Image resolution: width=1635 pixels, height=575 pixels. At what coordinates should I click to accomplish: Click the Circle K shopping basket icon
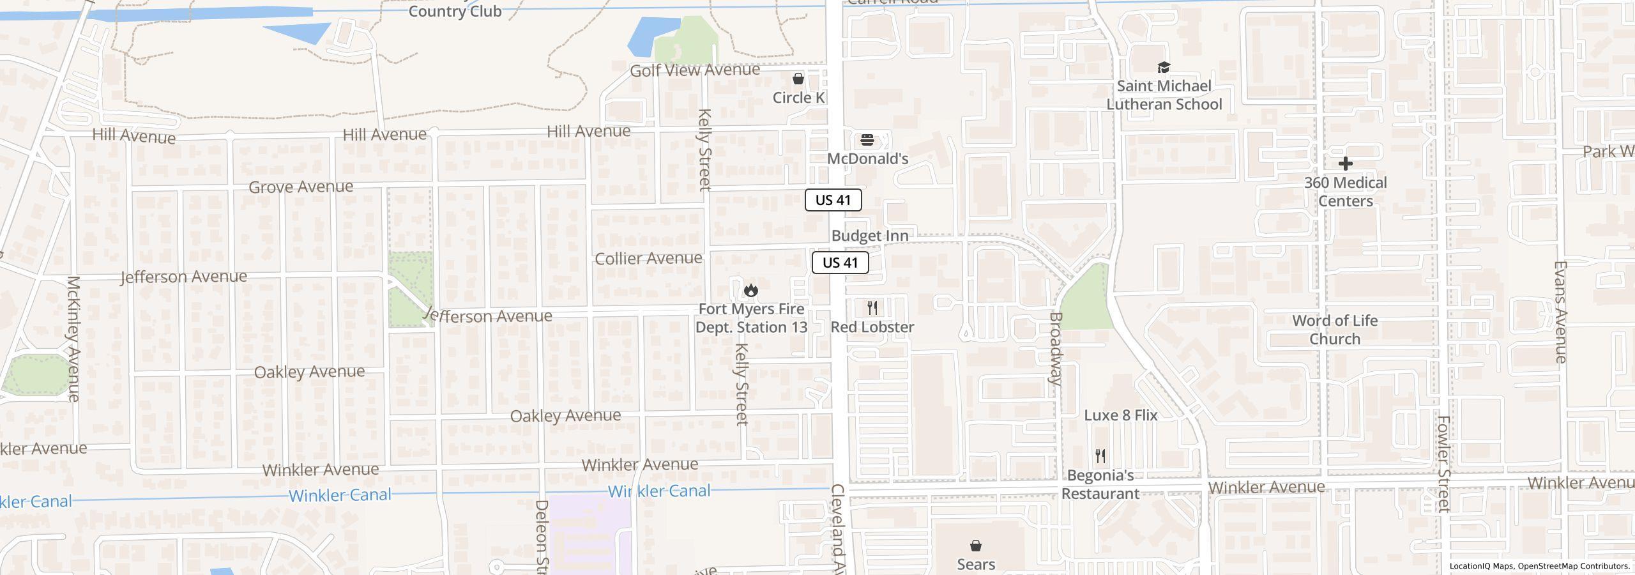tap(798, 79)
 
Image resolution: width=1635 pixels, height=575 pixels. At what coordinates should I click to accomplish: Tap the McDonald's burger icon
tap(867, 140)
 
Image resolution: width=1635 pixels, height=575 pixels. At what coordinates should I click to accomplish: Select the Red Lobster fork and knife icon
tap(872, 308)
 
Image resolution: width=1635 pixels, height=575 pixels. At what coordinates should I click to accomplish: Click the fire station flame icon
tap(751, 291)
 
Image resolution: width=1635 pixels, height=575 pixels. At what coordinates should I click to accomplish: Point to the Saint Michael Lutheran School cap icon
tap(1163, 67)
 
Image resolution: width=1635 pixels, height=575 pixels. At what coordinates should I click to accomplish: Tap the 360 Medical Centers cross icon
tap(1345, 164)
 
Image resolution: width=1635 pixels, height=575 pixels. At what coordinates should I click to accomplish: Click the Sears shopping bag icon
tap(975, 546)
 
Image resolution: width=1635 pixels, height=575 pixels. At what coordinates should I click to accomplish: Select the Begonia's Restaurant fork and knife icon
tap(1100, 456)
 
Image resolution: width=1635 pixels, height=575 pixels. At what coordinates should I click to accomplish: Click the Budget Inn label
tap(869, 236)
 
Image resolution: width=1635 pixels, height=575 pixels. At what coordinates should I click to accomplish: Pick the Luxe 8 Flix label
tap(1120, 415)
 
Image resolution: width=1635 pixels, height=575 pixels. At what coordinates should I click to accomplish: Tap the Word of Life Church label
tap(1334, 330)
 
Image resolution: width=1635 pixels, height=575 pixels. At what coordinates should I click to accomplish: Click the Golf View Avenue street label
tap(695, 70)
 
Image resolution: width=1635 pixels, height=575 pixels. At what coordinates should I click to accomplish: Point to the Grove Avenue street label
tap(300, 187)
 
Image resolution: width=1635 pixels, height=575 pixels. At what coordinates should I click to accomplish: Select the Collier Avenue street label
tap(648, 258)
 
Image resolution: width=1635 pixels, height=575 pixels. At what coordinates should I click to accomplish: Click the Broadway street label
tap(1056, 349)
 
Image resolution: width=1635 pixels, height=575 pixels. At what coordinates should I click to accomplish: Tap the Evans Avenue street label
tap(1560, 312)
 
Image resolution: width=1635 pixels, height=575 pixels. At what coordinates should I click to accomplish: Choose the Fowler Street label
tap(1443, 464)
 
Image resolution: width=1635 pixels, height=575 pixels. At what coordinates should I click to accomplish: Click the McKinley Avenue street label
tap(73, 339)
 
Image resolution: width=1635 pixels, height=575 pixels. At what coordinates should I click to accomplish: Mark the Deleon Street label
tap(541, 537)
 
